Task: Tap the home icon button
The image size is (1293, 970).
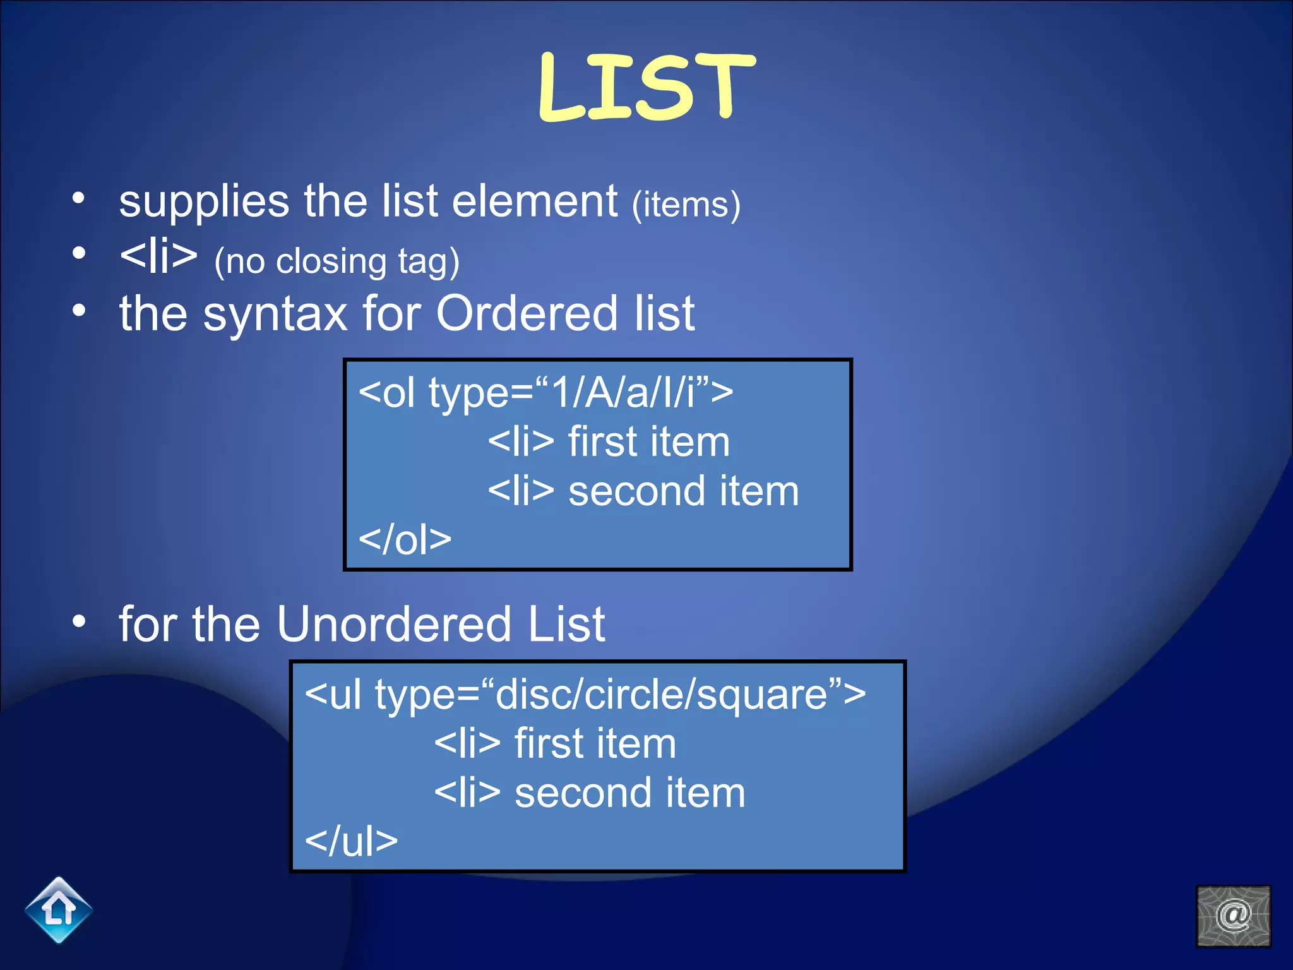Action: [59, 910]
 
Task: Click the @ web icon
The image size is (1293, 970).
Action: [1233, 916]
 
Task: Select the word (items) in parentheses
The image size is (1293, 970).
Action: [686, 205]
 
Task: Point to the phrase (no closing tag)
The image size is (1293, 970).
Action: [337, 261]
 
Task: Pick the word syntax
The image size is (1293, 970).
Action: [275, 314]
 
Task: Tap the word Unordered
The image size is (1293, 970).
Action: [393, 624]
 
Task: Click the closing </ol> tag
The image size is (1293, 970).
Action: [405, 539]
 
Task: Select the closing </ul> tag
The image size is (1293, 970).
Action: [351, 841]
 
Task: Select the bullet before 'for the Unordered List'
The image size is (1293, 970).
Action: [78, 621]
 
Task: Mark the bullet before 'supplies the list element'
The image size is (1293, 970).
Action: [78, 198]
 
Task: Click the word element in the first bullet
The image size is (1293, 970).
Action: [535, 201]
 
